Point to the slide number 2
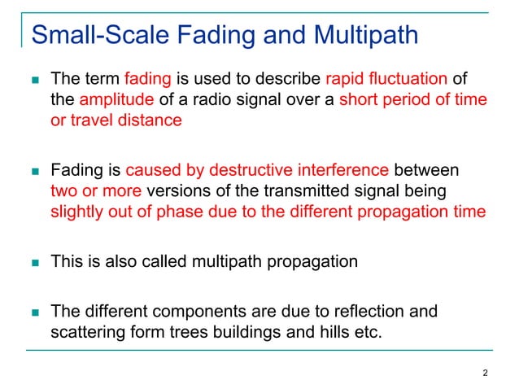(x=485, y=374)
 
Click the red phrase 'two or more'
(x=96, y=191)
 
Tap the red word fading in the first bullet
(x=147, y=80)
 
